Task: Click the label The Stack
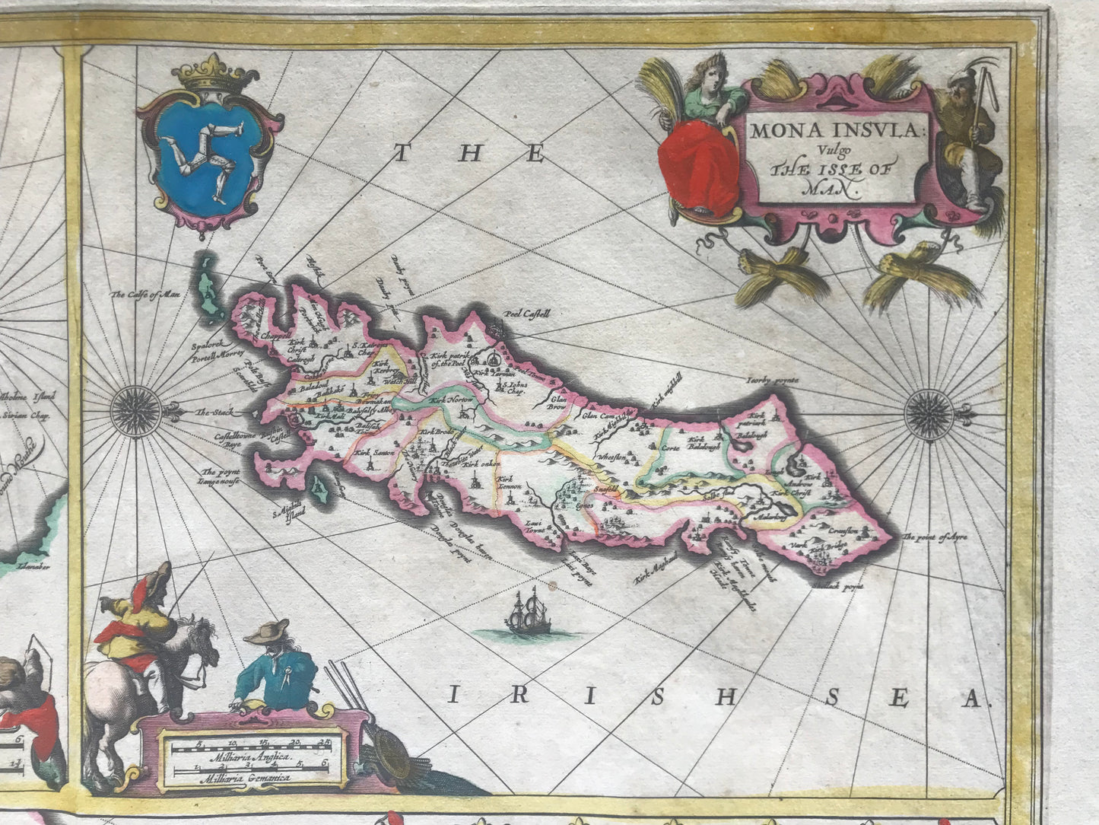pos(213,412)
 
